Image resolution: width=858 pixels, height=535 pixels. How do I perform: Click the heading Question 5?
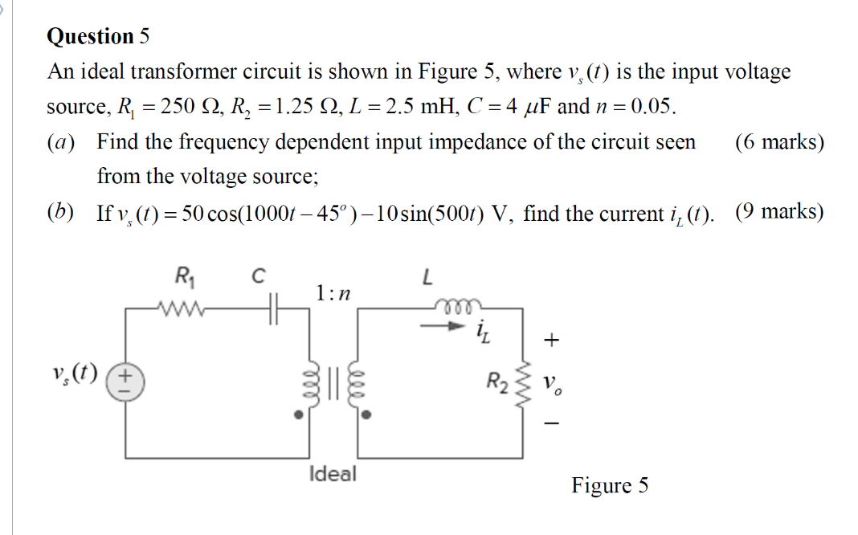tap(98, 37)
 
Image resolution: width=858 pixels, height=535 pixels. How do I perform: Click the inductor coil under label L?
tap(452, 307)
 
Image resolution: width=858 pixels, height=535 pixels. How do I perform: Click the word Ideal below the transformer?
tap(332, 473)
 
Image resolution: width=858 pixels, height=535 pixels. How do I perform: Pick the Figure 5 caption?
tap(610, 485)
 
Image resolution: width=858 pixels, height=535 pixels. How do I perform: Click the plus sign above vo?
tap(550, 341)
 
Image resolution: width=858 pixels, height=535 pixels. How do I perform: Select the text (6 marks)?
tap(778, 142)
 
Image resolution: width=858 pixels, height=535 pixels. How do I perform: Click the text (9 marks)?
tap(778, 212)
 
